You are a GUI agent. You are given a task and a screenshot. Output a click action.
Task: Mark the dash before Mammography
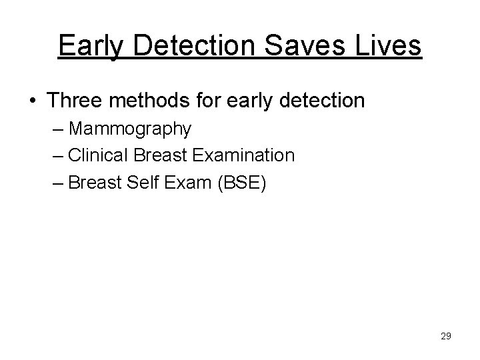tap(57, 129)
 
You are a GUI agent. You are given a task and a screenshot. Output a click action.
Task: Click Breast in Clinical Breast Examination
tap(159, 155)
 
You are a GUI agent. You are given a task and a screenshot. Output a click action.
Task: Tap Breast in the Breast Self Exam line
tap(91, 182)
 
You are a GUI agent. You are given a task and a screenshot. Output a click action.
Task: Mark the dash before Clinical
tap(57, 155)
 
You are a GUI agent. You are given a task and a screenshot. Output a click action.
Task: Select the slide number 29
tap(445, 336)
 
